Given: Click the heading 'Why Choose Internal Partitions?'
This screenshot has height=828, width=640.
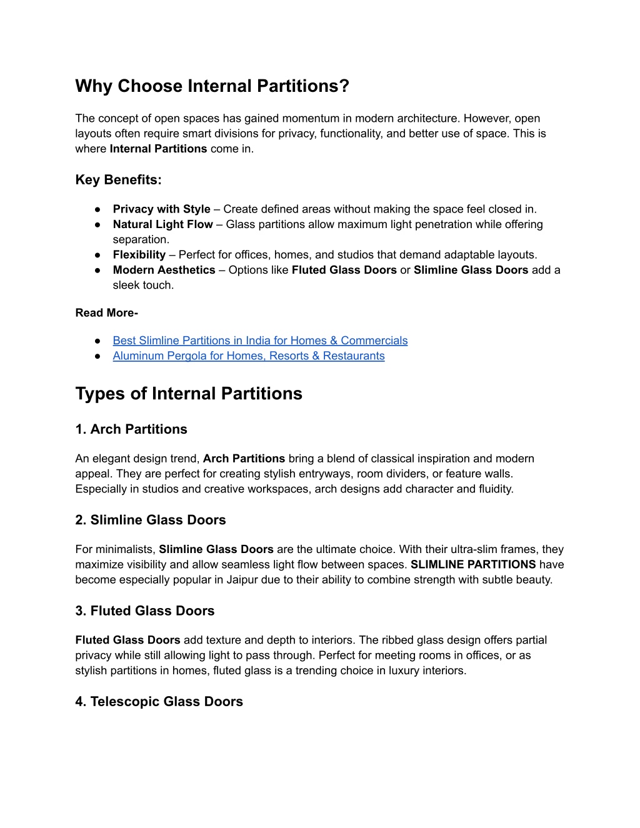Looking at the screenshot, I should pyautogui.click(x=212, y=86).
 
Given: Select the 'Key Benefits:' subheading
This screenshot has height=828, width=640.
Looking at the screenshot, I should pyautogui.click(x=118, y=180).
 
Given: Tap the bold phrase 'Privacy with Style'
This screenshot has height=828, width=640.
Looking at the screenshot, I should pyautogui.click(x=161, y=209).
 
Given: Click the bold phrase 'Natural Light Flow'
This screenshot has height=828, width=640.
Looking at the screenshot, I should pyautogui.click(x=162, y=224).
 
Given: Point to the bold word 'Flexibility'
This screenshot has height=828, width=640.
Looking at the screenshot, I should pyautogui.click(x=139, y=255).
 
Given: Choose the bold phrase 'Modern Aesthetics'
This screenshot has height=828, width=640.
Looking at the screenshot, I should pyautogui.click(x=164, y=270).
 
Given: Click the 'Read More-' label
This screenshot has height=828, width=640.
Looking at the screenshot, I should pyautogui.click(x=106, y=313).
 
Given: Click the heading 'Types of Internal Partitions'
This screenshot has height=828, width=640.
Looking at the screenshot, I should pyautogui.click(x=189, y=394).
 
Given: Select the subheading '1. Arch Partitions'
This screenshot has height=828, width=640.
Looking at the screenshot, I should pyautogui.click(x=131, y=429).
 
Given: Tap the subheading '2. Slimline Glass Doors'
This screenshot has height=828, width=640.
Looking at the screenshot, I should pyautogui.click(x=150, y=520).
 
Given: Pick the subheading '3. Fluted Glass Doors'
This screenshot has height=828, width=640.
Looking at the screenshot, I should pyautogui.click(x=144, y=611).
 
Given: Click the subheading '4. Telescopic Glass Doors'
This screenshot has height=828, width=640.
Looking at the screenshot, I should pyautogui.click(x=159, y=702).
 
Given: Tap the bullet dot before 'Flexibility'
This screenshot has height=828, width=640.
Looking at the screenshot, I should pyautogui.click(x=98, y=255).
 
